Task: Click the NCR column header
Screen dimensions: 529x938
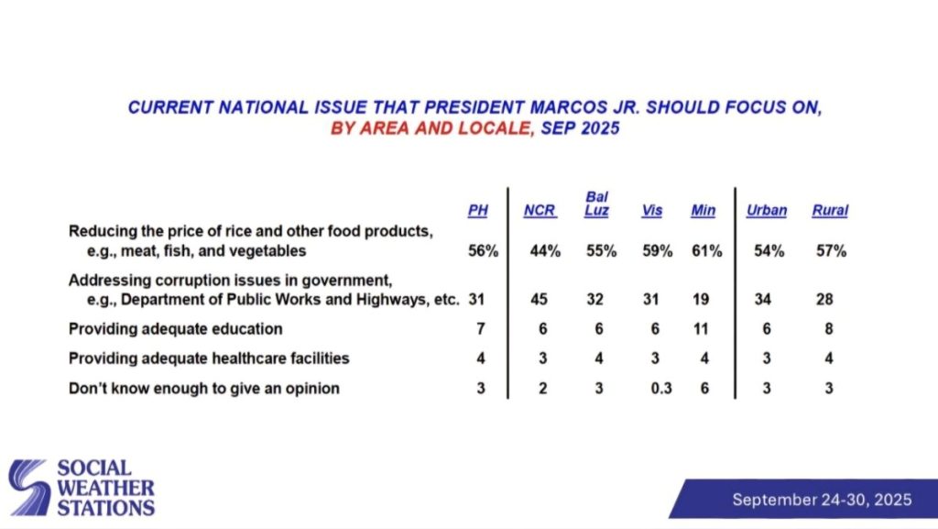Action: [x=540, y=211]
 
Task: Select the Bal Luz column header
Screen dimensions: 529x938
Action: [x=596, y=204]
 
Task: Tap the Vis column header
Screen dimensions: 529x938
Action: [x=651, y=211]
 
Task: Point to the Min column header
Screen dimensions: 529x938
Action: [x=703, y=211]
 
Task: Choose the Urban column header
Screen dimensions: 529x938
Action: [x=767, y=211]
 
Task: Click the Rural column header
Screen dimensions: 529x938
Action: [x=830, y=211]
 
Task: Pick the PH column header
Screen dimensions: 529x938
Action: [x=478, y=211]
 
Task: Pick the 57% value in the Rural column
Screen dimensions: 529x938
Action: [x=831, y=251]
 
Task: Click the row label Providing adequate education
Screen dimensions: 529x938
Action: [x=175, y=329]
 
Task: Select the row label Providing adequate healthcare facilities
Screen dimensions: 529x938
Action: [x=209, y=358]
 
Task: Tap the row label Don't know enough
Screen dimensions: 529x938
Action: [x=203, y=389]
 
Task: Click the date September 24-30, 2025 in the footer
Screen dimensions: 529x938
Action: [x=822, y=500]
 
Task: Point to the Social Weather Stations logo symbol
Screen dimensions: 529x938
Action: [x=30, y=487]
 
